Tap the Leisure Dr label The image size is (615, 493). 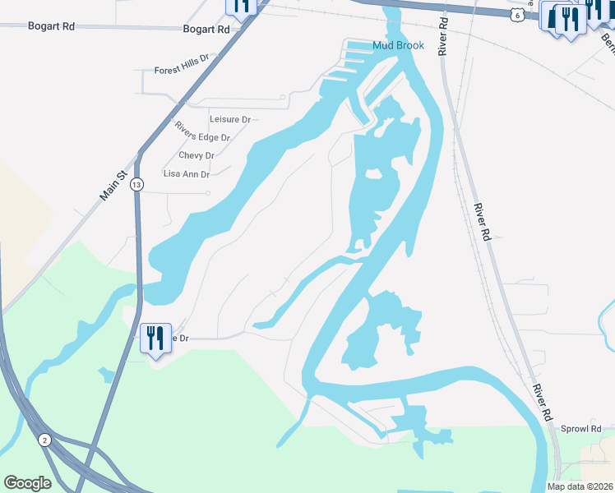pyautogui.click(x=229, y=119)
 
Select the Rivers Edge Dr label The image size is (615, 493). pyautogui.click(x=201, y=132)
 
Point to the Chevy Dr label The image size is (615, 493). pyautogui.click(x=197, y=155)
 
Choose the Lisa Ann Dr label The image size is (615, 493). pyautogui.click(x=187, y=174)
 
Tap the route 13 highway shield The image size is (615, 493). pyautogui.click(x=136, y=186)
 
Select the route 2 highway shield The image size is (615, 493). pyautogui.click(x=45, y=440)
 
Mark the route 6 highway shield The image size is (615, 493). pyautogui.click(x=516, y=15)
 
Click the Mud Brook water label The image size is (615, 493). pyautogui.click(x=398, y=45)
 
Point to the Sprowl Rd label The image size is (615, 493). pyautogui.click(x=581, y=429)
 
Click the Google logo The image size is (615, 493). pyautogui.click(x=27, y=482)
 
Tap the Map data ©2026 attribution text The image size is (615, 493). pyautogui.click(x=580, y=486)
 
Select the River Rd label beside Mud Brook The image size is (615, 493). pyautogui.click(x=443, y=39)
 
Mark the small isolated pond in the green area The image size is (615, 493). pyautogui.click(x=106, y=375)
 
